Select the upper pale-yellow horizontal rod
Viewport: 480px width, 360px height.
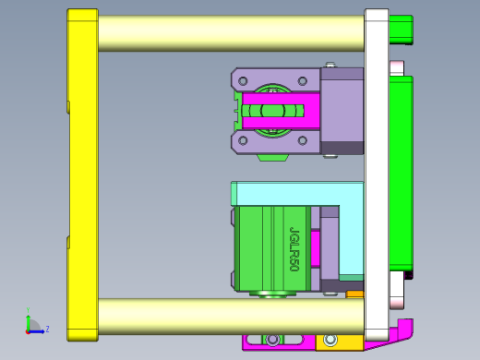click(x=231, y=33)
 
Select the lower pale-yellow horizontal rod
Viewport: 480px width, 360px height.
click(x=231, y=316)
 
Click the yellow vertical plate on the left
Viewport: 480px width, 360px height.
click(x=83, y=175)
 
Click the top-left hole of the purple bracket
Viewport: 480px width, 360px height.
click(x=243, y=81)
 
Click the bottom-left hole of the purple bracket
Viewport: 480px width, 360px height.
click(x=243, y=140)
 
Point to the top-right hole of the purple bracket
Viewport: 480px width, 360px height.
click(x=303, y=81)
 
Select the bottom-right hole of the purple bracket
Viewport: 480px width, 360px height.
click(x=303, y=140)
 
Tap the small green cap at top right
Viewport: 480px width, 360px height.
click(x=401, y=30)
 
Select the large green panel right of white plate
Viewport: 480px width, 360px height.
click(x=401, y=175)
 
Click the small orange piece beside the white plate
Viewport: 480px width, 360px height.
click(x=354, y=295)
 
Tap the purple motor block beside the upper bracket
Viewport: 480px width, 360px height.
click(x=342, y=111)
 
